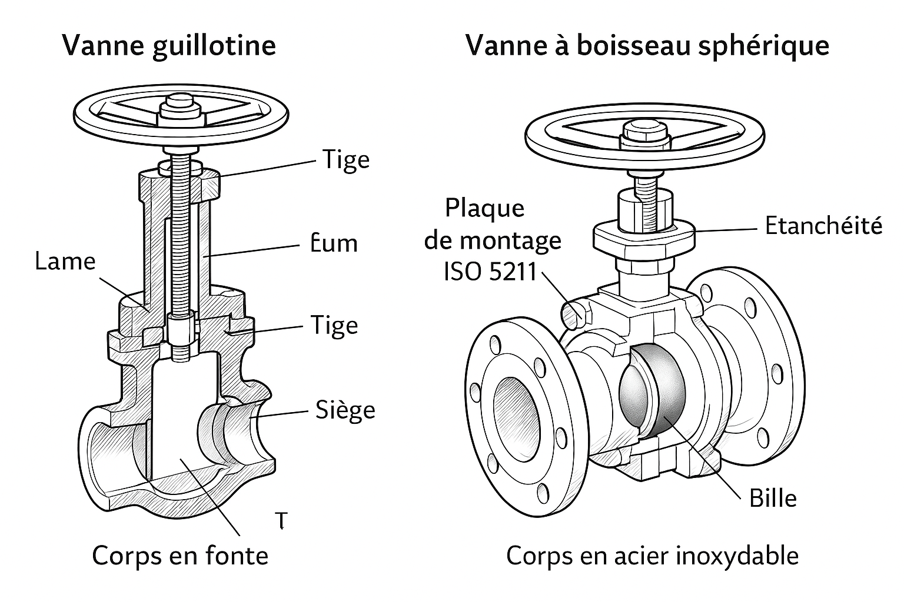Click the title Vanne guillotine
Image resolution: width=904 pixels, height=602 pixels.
pyautogui.click(x=169, y=46)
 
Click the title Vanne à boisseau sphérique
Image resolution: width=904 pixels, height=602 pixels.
pyautogui.click(x=647, y=46)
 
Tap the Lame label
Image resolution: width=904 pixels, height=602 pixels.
pyautogui.click(x=65, y=262)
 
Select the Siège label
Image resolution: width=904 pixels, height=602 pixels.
pyautogui.click(x=345, y=410)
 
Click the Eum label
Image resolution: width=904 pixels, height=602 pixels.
pyautogui.click(x=333, y=243)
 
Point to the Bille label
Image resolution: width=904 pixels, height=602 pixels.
pyautogui.click(x=773, y=499)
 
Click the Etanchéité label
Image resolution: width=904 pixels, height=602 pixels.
pyautogui.click(x=823, y=226)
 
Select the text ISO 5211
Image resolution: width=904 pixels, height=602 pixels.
pyautogui.click(x=490, y=272)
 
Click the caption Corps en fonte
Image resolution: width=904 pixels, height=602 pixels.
pyautogui.click(x=180, y=556)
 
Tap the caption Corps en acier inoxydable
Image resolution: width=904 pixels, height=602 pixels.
pyautogui.click(x=652, y=556)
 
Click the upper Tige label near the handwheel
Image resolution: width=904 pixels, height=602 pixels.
pyautogui.click(x=345, y=160)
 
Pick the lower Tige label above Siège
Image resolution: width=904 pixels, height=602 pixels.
pyautogui.click(x=334, y=326)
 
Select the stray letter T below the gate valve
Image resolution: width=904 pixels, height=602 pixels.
pyautogui.click(x=282, y=520)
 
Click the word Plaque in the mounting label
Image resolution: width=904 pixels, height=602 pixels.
pyautogui.click(x=484, y=208)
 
